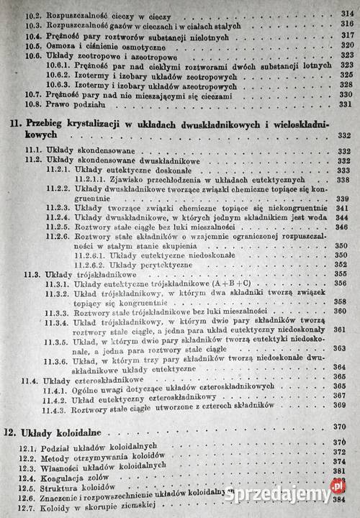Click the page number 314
pos(343,13)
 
